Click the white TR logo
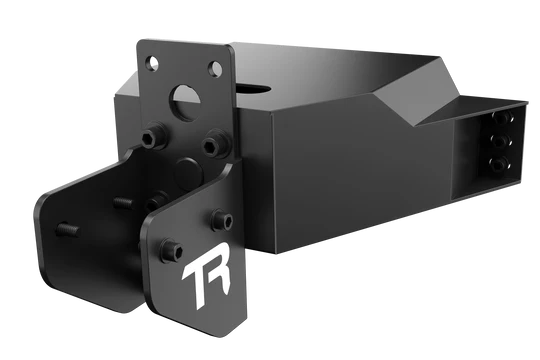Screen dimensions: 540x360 pyautogui.click(x=206, y=274)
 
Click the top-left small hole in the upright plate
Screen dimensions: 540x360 pyautogui.click(x=152, y=63)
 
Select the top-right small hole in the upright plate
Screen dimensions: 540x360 pyautogui.click(x=216, y=69)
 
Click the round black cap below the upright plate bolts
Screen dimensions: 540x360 pyautogui.click(x=189, y=173)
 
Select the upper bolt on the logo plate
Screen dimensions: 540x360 pyautogui.click(x=222, y=220)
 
